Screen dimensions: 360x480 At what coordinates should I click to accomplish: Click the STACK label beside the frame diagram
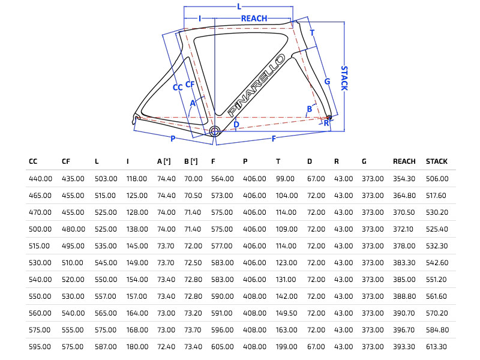pos(344,78)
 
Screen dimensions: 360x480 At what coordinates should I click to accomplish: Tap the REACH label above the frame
pos(254,19)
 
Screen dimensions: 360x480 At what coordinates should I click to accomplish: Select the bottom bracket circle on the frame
pos(215,131)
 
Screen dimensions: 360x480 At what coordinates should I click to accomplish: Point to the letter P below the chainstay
pos(173,139)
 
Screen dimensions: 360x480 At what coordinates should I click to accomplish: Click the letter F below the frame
pos(274,139)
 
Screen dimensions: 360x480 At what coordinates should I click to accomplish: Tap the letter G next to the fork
pos(327,81)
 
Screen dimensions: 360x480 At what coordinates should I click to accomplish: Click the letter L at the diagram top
pos(239,7)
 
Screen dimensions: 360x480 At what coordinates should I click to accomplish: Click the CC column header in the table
pos(33,161)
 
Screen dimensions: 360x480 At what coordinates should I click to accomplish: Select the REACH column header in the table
pos(404,161)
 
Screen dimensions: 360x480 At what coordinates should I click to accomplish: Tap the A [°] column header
pos(164,161)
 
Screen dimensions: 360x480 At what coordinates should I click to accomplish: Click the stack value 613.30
pos(437,347)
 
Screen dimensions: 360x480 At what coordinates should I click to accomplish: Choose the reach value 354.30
pos(404,179)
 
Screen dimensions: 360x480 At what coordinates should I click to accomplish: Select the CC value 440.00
pos(39,179)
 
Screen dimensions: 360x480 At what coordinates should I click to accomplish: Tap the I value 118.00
pos(137,179)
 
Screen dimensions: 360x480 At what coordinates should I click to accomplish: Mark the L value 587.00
pos(105,347)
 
